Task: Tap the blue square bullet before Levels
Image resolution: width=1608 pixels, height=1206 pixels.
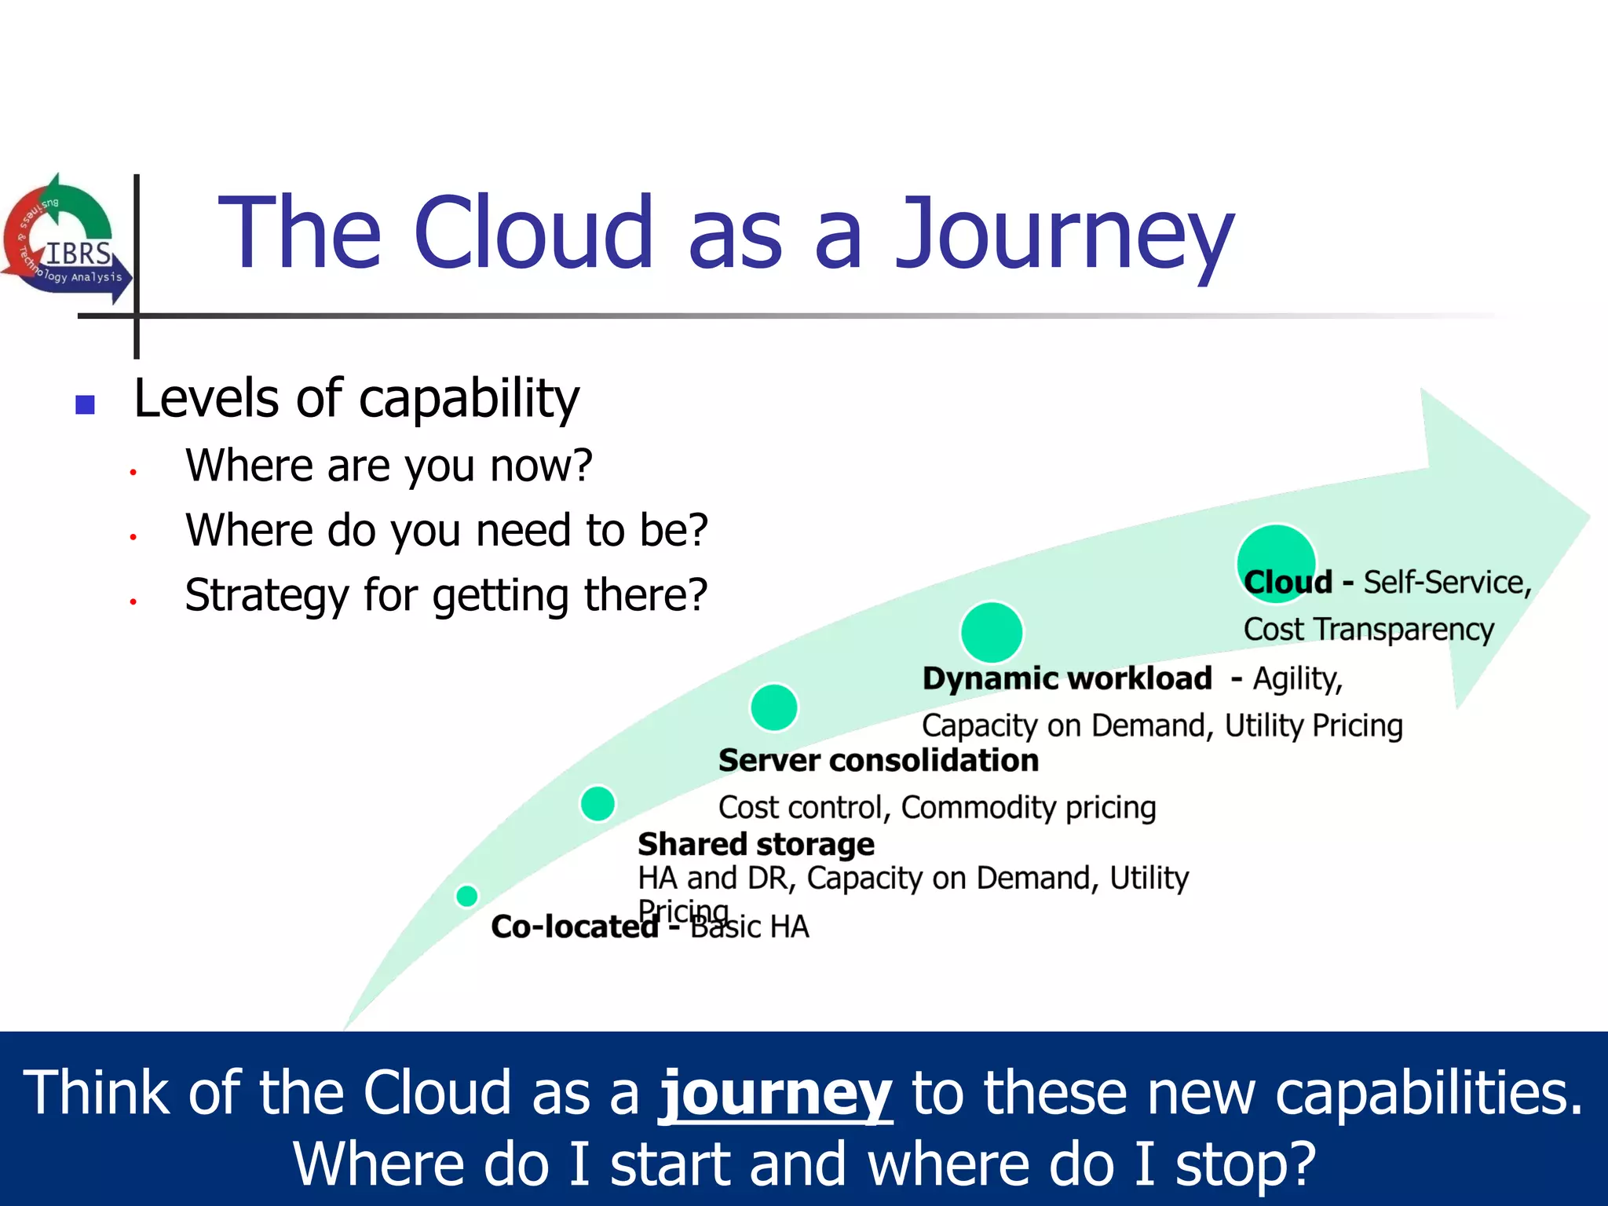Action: point(85,404)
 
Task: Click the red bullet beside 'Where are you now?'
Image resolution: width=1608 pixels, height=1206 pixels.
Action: point(133,472)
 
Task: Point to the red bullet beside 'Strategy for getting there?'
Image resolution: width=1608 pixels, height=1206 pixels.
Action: point(133,601)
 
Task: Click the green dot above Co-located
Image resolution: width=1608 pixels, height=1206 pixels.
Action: point(467,895)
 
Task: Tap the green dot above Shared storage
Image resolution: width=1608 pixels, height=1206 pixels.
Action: point(598,803)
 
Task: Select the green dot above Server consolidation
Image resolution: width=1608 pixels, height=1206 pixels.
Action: point(774,707)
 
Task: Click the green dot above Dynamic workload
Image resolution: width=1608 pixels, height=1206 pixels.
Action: point(992,632)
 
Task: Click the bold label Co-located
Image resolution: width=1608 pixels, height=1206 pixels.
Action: point(575,927)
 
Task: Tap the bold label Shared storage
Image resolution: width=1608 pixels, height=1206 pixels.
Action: point(755,845)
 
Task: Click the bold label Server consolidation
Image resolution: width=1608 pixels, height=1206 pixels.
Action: point(878,761)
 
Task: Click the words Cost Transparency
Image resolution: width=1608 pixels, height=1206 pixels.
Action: point(1369,630)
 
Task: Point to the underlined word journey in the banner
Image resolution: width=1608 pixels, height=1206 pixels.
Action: point(775,1093)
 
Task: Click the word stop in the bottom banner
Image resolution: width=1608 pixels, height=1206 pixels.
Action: point(1243,1164)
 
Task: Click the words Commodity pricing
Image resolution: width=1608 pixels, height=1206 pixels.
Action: point(1029,808)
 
